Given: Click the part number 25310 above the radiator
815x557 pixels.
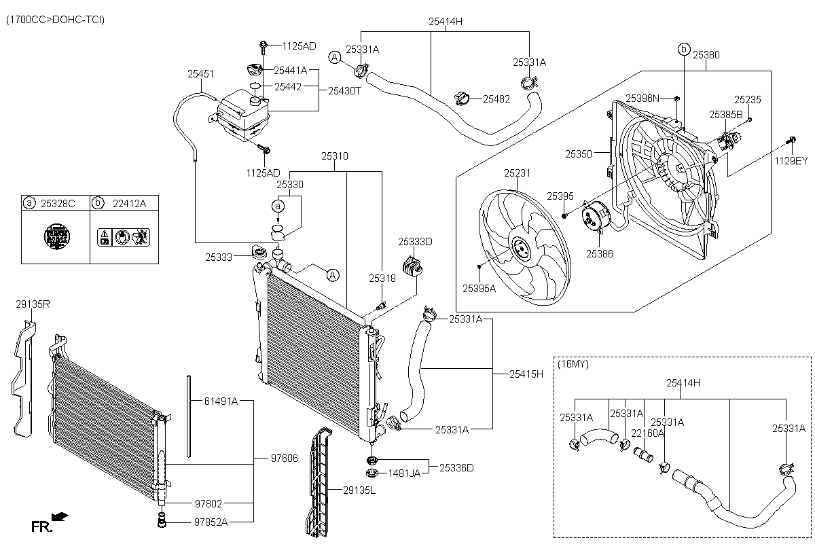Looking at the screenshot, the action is (x=335, y=156).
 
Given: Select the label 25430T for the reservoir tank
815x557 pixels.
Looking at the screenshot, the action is (x=344, y=91).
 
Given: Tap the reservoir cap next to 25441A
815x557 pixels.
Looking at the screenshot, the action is (x=254, y=69).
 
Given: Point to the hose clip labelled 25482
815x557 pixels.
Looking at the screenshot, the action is (x=462, y=98).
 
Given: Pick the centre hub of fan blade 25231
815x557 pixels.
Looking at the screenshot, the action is (x=522, y=249).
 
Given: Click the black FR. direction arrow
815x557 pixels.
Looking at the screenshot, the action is (x=60, y=517).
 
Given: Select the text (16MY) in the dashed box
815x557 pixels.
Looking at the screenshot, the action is (x=573, y=364).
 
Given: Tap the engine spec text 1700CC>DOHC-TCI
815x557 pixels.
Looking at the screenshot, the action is (x=55, y=20).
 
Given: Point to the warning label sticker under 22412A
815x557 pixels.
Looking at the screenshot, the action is (x=124, y=237).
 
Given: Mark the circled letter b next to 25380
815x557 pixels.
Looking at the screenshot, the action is (x=684, y=49).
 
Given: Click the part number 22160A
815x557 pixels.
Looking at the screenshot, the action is (x=648, y=433).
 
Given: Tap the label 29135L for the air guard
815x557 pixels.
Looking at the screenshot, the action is (x=359, y=490).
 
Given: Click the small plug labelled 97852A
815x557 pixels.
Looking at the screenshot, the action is (x=162, y=520).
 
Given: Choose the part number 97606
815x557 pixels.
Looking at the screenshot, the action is (x=285, y=459).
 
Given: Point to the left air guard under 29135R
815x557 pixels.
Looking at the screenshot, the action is (x=24, y=378).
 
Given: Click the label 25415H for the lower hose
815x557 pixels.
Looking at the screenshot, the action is (x=526, y=374).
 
